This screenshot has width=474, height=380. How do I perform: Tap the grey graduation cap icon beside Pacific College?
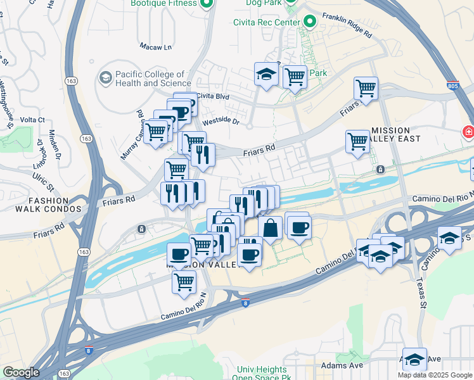pos(105,78)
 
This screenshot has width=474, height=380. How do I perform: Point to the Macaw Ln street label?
pos(155,47)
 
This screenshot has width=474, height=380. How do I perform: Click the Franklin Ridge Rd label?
pos(346,26)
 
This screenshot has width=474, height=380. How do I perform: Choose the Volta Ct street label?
pos(32,119)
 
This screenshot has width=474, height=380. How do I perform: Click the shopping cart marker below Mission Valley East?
pos(358,141)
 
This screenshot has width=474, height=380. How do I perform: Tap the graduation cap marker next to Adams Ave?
pos(414,360)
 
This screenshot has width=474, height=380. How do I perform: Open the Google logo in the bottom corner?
pos(21,372)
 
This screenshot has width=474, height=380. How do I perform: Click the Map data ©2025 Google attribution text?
pos(435,375)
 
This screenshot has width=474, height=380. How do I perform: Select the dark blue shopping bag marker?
pos(270,228)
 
